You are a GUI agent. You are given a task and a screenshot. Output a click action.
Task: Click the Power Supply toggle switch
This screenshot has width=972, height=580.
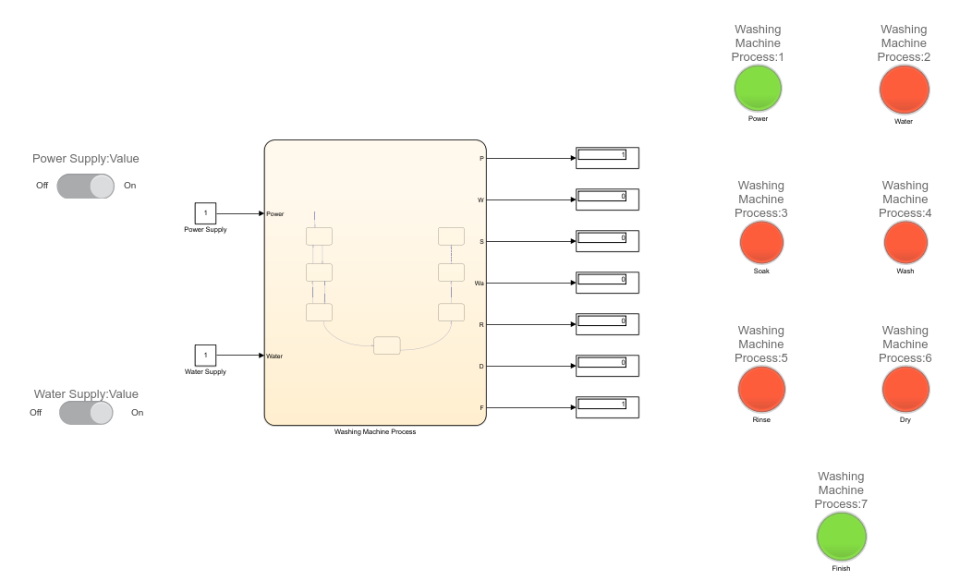85,186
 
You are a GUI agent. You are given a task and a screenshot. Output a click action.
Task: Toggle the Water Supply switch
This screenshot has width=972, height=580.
86,412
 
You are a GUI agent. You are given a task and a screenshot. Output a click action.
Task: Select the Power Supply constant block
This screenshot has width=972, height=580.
205,213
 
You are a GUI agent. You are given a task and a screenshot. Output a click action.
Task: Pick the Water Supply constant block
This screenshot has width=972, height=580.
205,356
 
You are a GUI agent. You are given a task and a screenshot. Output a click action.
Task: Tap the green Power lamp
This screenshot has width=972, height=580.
758,89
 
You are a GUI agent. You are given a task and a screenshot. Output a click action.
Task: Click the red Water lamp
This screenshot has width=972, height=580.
904,91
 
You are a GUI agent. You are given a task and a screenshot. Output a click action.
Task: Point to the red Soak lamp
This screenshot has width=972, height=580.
761,243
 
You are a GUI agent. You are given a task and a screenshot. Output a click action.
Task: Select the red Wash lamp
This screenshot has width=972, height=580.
905,243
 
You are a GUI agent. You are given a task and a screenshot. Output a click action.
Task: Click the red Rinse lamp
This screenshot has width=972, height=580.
761,390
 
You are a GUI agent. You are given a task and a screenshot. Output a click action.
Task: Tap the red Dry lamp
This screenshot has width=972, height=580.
905,390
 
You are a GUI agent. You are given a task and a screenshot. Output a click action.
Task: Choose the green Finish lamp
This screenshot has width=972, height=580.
841,537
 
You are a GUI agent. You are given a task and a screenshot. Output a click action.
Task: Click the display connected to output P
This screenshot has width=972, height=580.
607,158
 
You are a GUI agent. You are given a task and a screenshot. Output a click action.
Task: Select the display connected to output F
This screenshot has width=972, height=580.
607,407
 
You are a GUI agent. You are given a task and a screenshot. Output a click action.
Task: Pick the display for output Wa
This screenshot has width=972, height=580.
607,283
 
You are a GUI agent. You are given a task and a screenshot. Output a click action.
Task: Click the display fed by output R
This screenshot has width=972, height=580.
607,324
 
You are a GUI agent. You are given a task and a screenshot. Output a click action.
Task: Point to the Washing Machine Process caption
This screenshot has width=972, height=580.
375,432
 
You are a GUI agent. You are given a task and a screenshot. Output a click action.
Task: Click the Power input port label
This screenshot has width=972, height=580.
275,214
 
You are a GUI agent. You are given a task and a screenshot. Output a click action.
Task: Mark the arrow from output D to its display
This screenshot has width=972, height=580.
531,366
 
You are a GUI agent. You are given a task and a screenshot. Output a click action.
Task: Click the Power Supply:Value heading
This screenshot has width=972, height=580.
86,159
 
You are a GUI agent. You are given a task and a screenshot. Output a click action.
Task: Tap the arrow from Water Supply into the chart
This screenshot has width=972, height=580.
240,356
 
